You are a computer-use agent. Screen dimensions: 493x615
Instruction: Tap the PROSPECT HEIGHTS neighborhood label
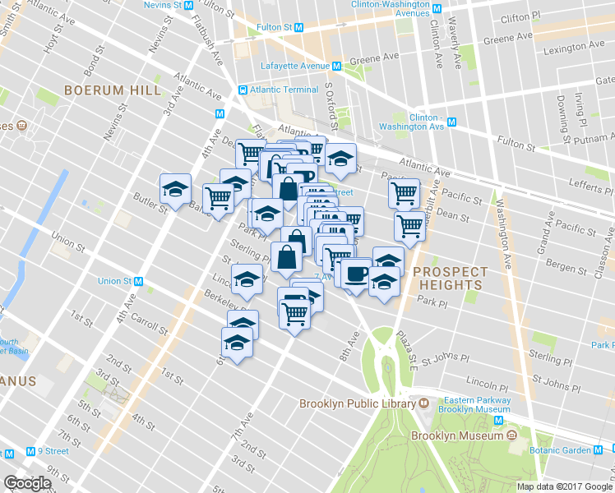tap(450, 278)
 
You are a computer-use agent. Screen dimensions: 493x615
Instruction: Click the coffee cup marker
tap(356, 274)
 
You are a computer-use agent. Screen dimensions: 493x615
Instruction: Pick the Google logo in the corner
tap(28, 483)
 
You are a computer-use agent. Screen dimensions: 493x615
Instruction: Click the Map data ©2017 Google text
tap(564, 486)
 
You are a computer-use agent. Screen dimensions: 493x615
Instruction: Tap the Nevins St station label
tap(156, 5)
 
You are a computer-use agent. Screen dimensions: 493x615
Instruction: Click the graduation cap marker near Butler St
tap(175, 190)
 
